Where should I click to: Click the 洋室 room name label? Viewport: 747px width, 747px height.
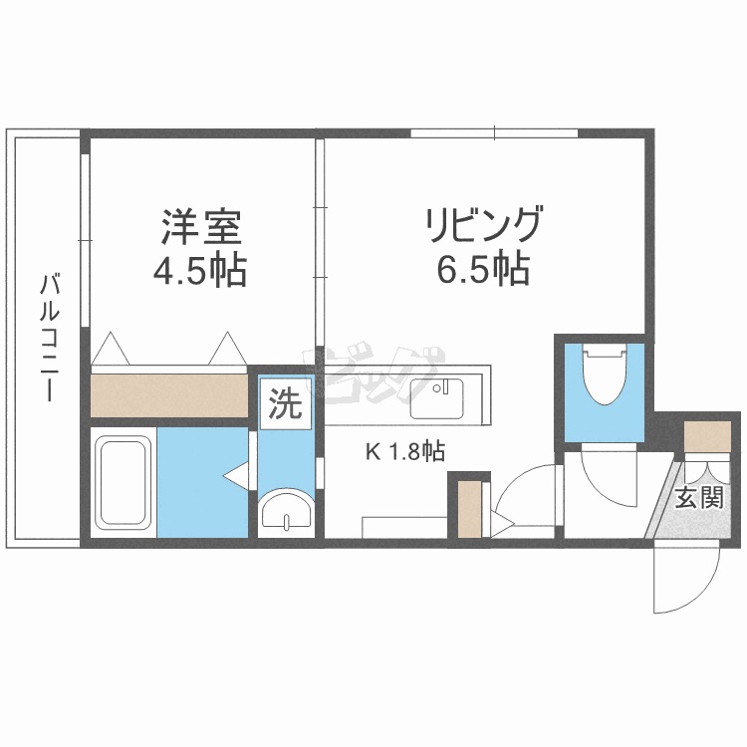(202, 228)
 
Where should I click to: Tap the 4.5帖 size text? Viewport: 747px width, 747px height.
(202, 270)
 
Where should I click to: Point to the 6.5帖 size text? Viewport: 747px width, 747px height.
(483, 269)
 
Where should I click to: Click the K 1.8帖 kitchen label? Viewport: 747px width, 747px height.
(404, 452)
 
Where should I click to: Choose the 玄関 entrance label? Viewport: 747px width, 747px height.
(697, 498)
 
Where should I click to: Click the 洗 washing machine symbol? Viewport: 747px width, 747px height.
(285, 403)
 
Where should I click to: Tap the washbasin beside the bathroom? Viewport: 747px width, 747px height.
(286, 511)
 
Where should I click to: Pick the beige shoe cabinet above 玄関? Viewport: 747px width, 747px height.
(707, 436)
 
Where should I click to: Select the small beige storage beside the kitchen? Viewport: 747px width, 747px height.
(469, 508)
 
